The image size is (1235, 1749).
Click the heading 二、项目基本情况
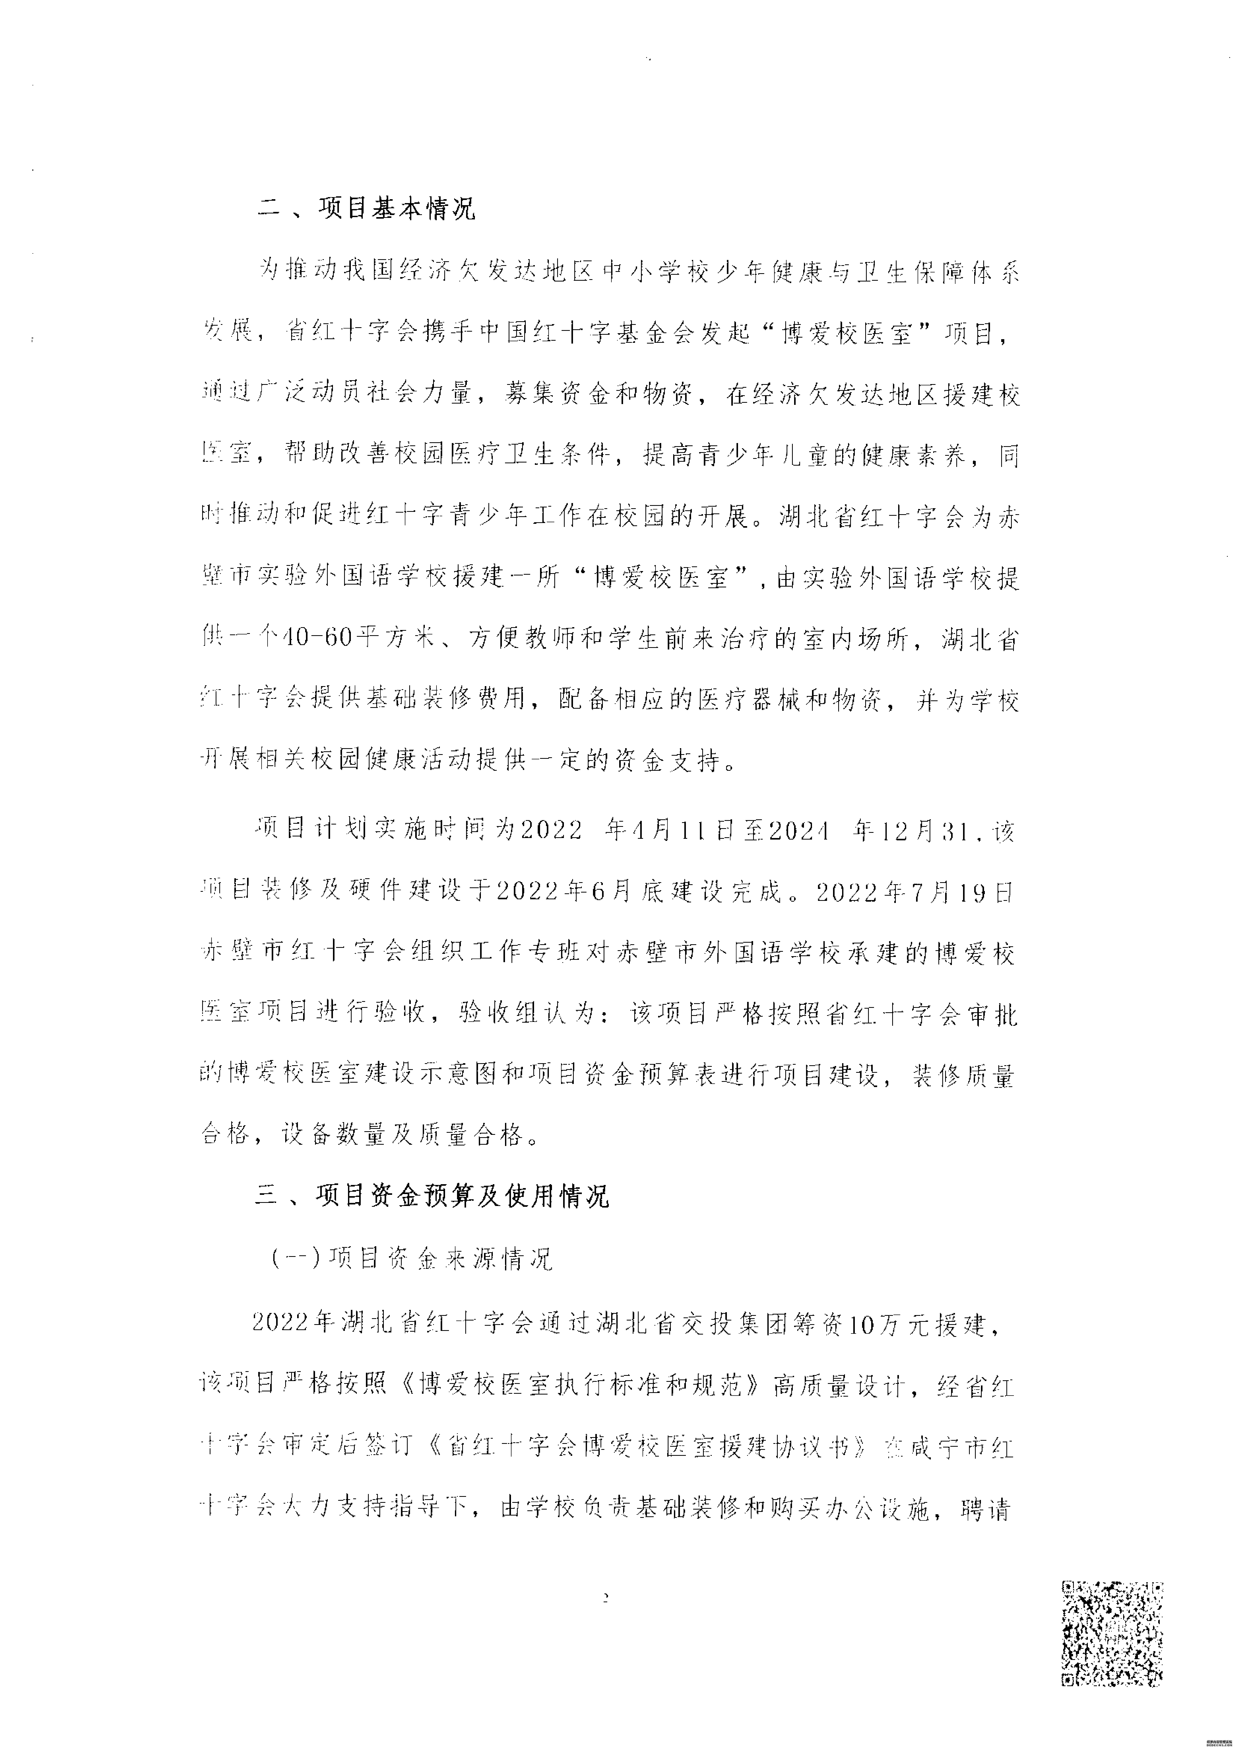[x=366, y=208]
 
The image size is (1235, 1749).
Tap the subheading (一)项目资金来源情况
[x=411, y=1258]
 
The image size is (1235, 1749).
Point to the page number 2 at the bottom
[x=606, y=1597]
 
